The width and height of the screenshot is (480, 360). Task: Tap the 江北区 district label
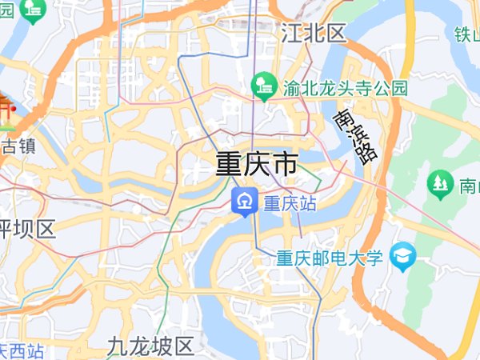(314, 33)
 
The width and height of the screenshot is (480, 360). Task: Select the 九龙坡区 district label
(151, 346)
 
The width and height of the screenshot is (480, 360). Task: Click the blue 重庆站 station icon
(243, 202)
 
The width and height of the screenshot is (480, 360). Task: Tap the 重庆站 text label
(290, 203)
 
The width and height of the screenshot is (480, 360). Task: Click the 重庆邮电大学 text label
(330, 258)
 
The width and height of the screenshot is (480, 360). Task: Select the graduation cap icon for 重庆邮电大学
(405, 256)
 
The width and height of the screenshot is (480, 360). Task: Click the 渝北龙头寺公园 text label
(346, 87)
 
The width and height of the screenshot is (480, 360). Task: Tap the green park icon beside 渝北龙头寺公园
(264, 83)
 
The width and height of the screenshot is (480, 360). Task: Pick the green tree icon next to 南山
(440, 183)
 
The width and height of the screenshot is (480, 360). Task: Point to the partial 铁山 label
(466, 34)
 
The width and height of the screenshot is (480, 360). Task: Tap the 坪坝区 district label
(27, 230)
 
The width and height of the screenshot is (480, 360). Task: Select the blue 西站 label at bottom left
(22, 350)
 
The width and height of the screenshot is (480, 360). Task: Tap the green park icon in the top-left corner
(34, 8)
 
